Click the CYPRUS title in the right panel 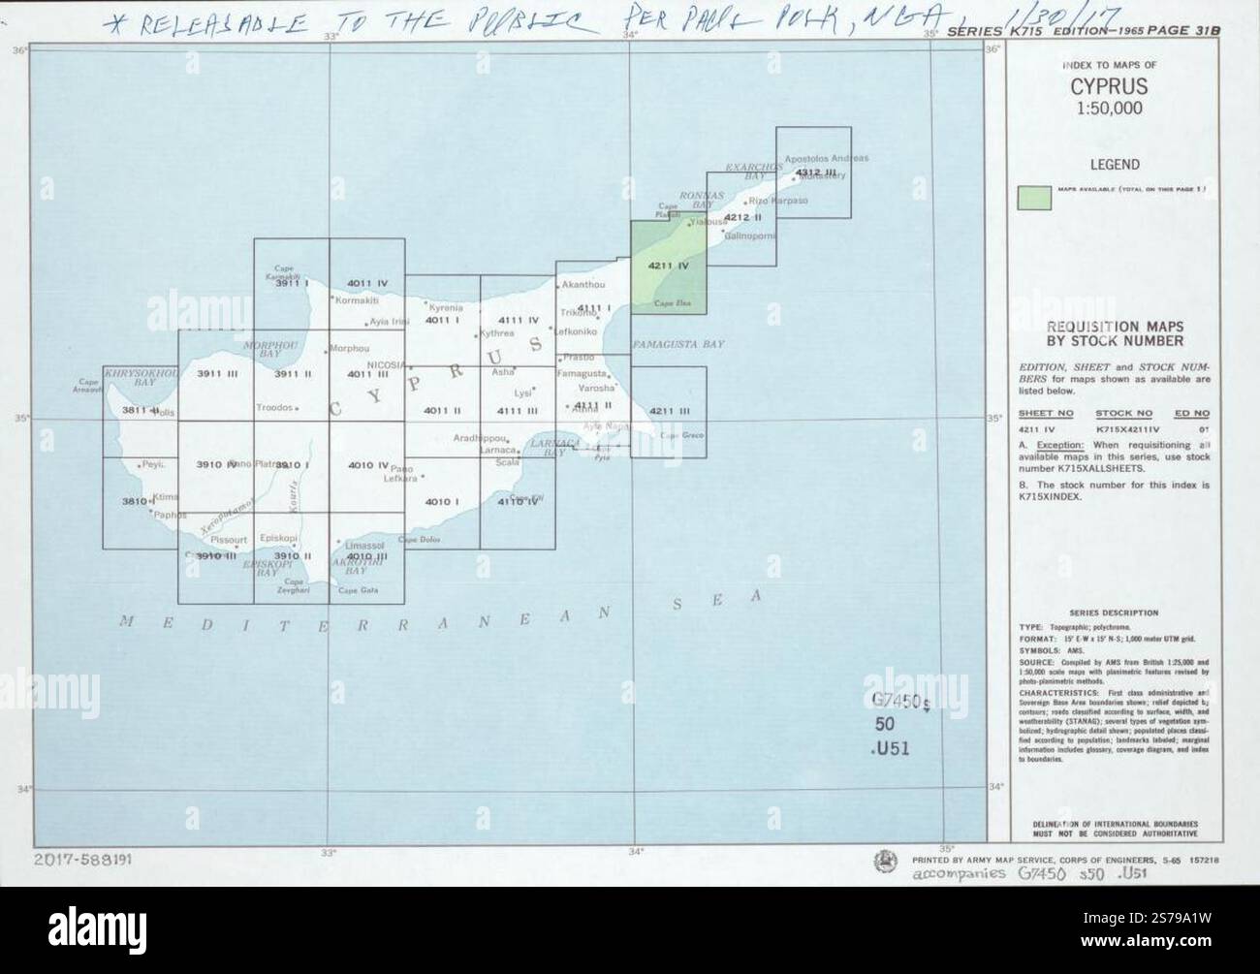click(1109, 86)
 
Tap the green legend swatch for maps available click(1033, 197)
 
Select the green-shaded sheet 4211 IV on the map click(668, 267)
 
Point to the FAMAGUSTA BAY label click(678, 345)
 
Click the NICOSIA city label click(387, 364)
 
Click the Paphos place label click(170, 515)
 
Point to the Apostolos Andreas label click(827, 158)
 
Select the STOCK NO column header click(1124, 413)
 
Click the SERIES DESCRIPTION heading click(1114, 613)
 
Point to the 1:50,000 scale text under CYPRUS click(1109, 108)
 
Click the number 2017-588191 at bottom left click(84, 859)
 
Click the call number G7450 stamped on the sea click(899, 702)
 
